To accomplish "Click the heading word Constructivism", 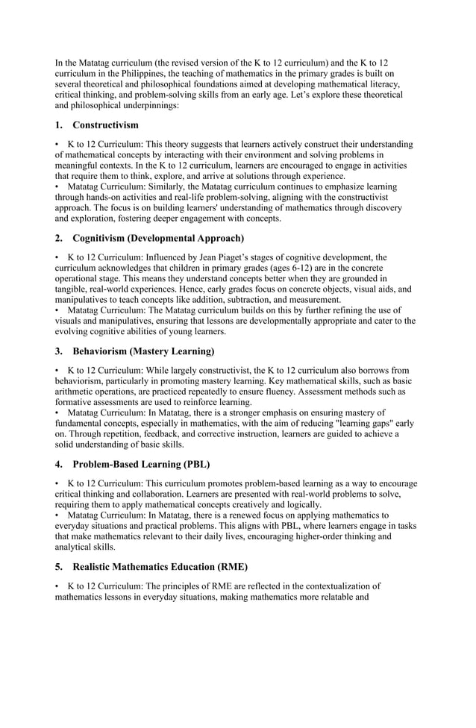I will (x=105, y=125).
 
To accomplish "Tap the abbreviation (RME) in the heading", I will (x=229, y=566).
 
